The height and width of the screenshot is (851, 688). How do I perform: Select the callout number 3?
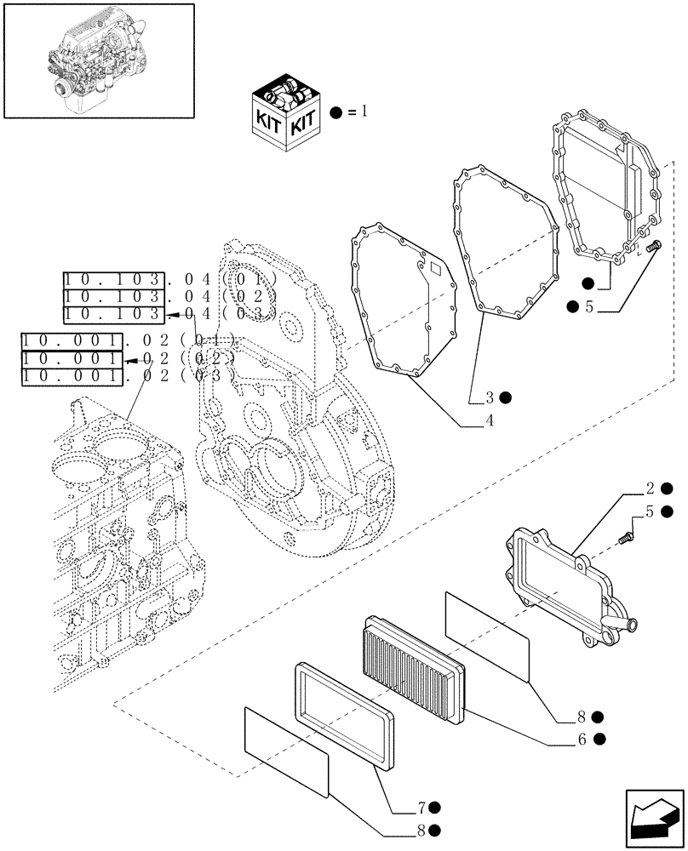point(490,397)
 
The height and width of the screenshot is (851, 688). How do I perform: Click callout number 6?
point(582,740)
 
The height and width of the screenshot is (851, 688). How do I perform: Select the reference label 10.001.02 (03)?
point(128,374)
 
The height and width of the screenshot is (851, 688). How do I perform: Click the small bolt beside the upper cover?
point(654,247)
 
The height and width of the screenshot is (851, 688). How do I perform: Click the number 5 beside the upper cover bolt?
point(588,307)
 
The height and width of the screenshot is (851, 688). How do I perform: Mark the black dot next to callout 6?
point(600,740)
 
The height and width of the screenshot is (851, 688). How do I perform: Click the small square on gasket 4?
point(436,271)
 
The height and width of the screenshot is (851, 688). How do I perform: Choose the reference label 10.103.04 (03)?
point(170,315)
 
